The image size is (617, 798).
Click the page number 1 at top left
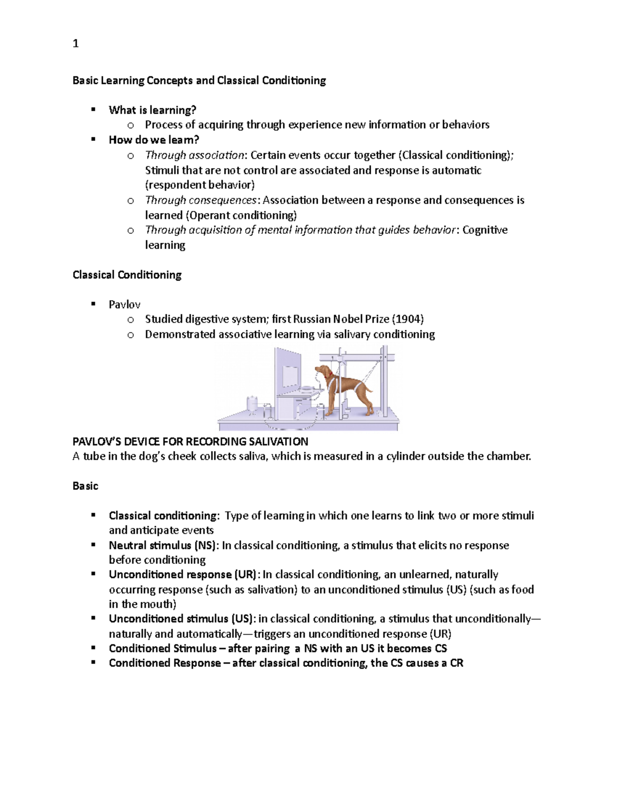76,44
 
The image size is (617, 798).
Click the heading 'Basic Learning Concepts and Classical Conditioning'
199,81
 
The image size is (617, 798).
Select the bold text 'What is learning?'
152,110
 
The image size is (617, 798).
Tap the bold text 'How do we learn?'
154,140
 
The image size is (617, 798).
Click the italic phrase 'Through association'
194,155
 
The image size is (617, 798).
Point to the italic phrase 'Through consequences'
201,200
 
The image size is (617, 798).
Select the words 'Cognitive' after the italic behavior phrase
485,230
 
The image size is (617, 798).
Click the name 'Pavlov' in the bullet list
124,304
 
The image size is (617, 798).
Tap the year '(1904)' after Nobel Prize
408,319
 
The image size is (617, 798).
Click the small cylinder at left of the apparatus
252,404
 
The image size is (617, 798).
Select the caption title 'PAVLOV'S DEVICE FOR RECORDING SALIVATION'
190,441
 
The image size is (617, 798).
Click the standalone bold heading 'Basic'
85,486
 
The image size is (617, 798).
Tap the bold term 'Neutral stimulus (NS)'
164,545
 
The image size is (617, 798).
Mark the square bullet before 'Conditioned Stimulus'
94,648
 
